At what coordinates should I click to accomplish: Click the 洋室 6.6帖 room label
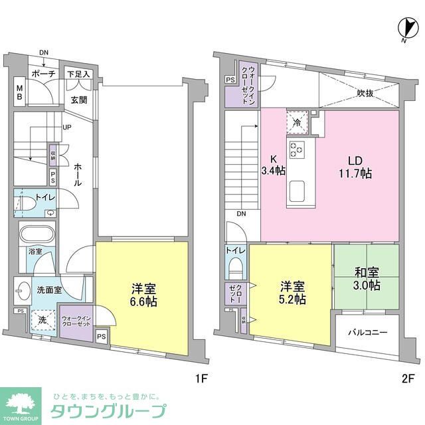[144, 296]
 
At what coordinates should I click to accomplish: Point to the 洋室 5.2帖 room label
[292, 293]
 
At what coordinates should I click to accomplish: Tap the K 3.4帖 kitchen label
[273, 165]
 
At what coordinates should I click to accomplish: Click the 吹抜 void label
[365, 93]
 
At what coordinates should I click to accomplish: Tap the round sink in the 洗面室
[21, 290]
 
